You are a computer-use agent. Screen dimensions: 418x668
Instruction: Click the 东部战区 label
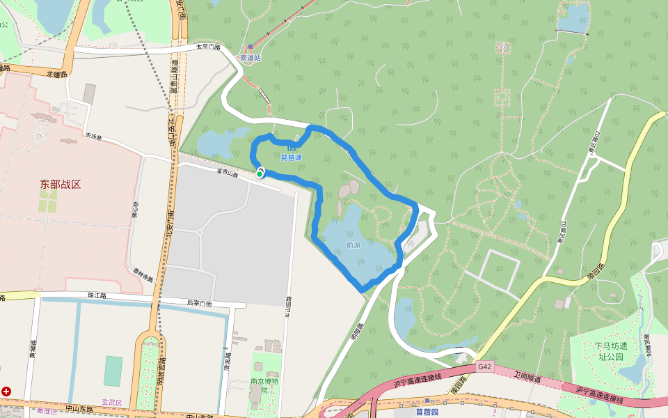pos(61,184)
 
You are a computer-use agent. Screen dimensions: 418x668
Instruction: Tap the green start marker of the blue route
pos(260,174)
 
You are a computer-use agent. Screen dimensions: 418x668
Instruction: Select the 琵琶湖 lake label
pos(291,157)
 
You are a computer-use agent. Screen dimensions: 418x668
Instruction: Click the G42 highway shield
pos(485,366)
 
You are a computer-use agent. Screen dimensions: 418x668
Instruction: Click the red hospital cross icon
pos(6,392)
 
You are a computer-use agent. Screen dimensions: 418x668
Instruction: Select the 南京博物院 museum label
pos(264,385)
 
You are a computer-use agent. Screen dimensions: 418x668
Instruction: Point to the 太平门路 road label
pos(207,47)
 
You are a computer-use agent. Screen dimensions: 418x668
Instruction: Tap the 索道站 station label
pos(250,59)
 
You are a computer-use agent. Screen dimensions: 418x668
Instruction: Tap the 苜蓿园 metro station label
pos(428,412)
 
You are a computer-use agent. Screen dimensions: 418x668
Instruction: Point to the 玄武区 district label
pos(111,402)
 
